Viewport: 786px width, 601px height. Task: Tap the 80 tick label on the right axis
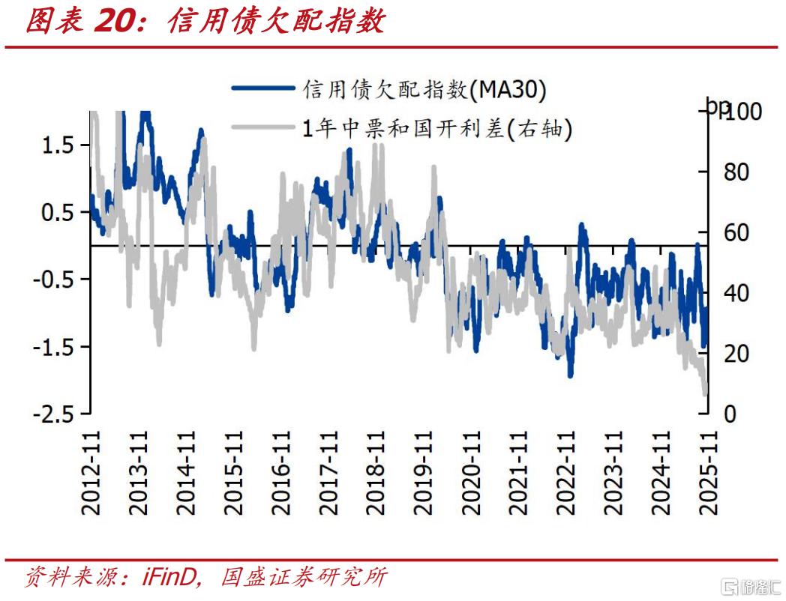(734, 172)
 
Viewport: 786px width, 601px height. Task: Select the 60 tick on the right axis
(734, 232)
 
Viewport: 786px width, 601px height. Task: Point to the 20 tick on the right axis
(734, 353)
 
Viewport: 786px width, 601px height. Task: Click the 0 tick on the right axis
(729, 414)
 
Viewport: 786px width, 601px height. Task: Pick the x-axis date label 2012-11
(91, 472)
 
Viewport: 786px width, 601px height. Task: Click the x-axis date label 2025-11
(705, 472)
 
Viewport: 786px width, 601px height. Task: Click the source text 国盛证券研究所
(304, 578)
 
